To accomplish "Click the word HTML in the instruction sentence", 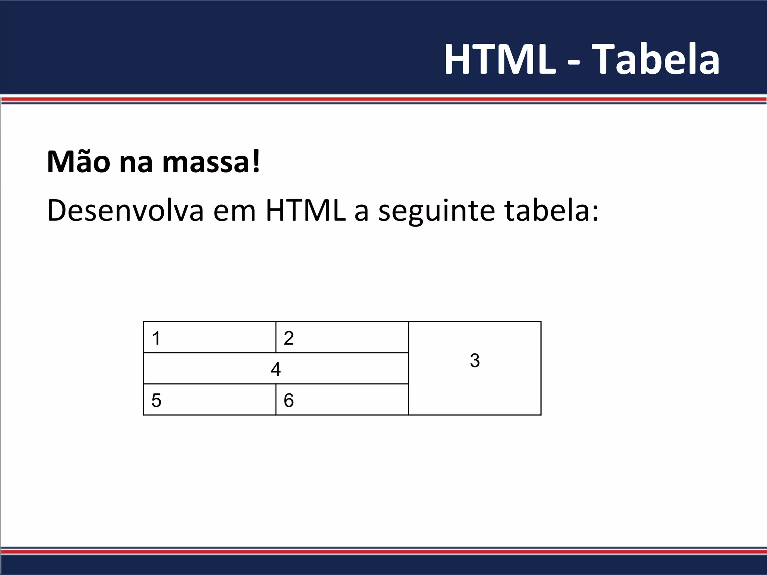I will pyautogui.click(x=306, y=210).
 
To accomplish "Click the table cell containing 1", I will pyautogui.click(x=210, y=337).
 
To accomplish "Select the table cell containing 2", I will pyautogui.click(x=342, y=337).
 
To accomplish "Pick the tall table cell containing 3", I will pyautogui.click(x=475, y=368).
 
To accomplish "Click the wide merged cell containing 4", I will pyautogui.click(x=276, y=368).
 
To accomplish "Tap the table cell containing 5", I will pyautogui.click(x=210, y=399).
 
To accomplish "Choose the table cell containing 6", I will pyautogui.click(x=342, y=399).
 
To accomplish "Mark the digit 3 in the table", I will pyautogui.click(x=475, y=360).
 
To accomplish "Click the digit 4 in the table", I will pyautogui.click(x=276, y=369).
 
